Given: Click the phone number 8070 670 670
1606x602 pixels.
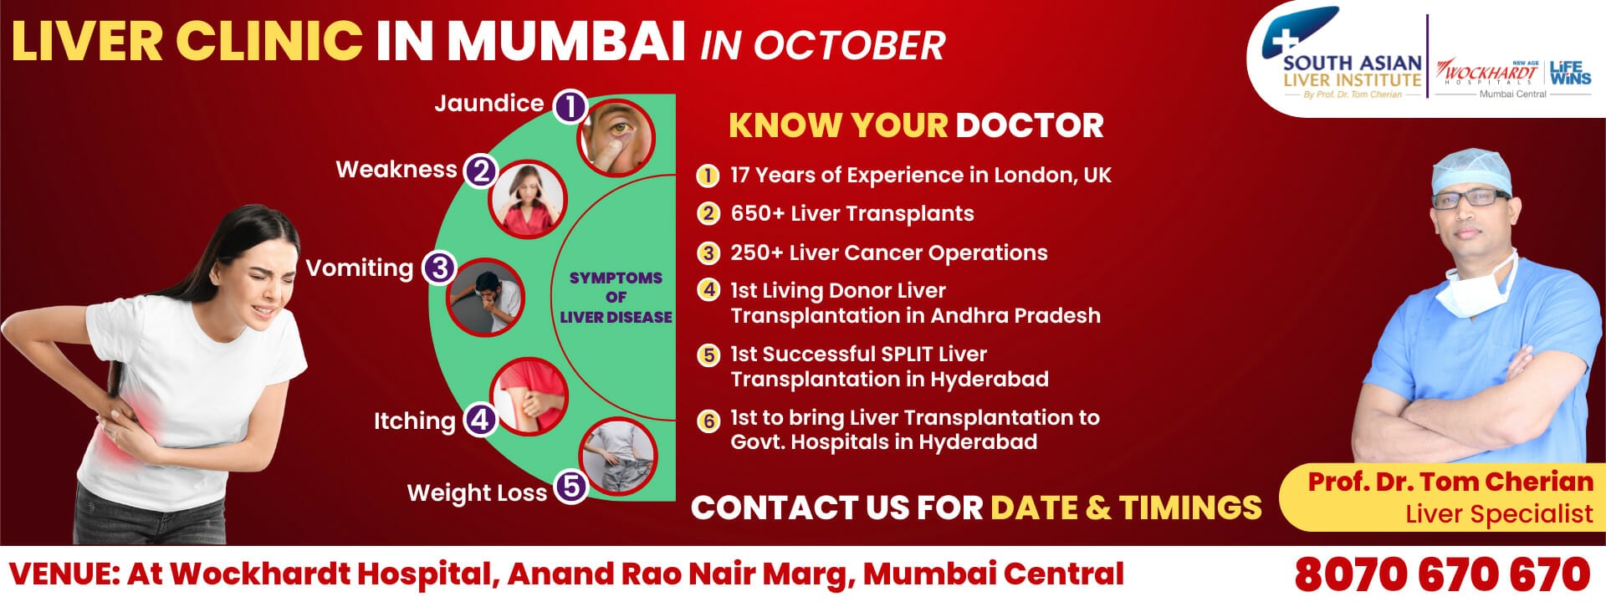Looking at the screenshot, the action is [x=1442, y=574].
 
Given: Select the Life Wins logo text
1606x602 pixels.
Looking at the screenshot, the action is [x=1570, y=73].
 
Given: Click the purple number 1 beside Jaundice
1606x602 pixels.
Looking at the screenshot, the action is [x=570, y=106].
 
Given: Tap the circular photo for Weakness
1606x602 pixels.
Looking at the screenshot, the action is [x=528, y=200].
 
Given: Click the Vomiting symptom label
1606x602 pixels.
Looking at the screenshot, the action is [x=359, y=268].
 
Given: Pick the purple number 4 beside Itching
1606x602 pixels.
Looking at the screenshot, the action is [x=480, y=419].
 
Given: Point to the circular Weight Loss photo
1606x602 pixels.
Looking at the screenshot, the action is [x=618, y=457].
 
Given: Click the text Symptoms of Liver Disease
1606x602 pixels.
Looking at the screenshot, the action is [x=616, y=297].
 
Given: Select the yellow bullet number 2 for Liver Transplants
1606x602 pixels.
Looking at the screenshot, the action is [x=708, y=213].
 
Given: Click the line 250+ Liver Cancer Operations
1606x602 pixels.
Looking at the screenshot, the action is [x=888, y=253].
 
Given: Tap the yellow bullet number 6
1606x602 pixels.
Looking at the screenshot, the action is [x=708, y=421].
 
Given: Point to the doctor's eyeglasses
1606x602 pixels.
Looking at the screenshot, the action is [x=1470, y=199].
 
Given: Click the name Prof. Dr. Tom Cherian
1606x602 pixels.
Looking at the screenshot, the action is [x=1450, y=482].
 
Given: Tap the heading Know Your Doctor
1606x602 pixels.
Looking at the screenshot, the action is [x=916, y=125].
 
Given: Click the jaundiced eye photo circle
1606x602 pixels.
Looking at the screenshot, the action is [x=616, y=136].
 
